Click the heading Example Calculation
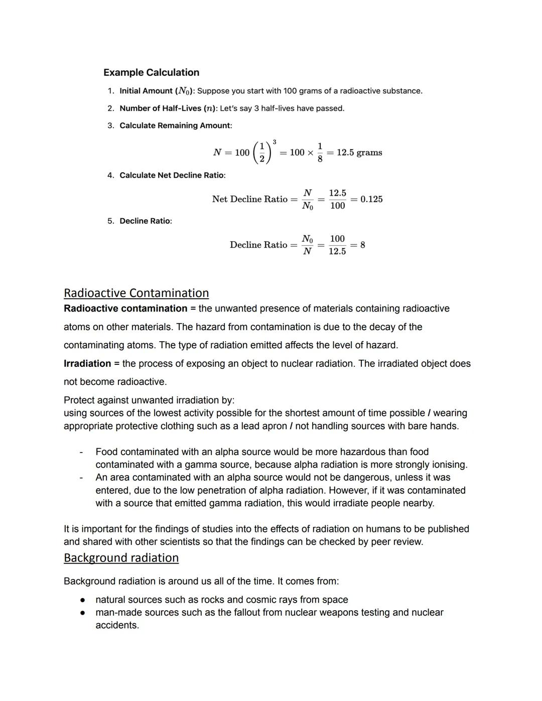(151, 72)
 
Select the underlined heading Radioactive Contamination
(136, 293)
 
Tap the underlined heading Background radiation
(121, 558)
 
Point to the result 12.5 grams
(359, 153)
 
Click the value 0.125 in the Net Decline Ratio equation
(371, 199)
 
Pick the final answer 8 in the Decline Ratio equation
(363, 245)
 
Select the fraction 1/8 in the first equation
(320, 153)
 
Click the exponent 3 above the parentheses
(274, 142)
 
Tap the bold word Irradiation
(87, 363)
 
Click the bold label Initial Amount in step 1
(146, 91)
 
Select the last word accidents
(117, 625)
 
